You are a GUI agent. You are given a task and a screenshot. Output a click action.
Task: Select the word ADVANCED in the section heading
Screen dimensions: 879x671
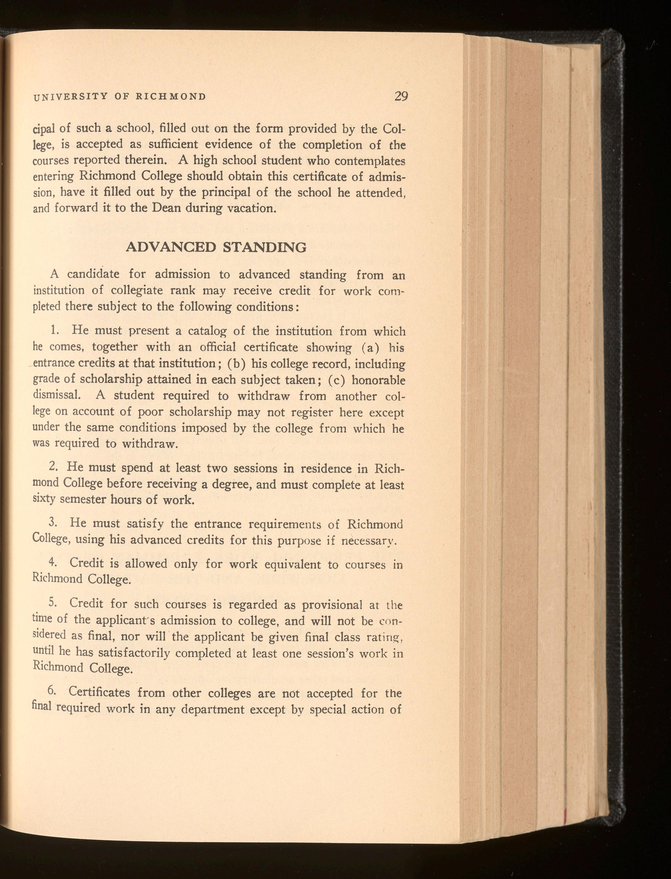click(171, 247)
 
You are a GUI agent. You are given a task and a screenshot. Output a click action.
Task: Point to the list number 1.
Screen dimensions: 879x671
click(56, 331)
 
